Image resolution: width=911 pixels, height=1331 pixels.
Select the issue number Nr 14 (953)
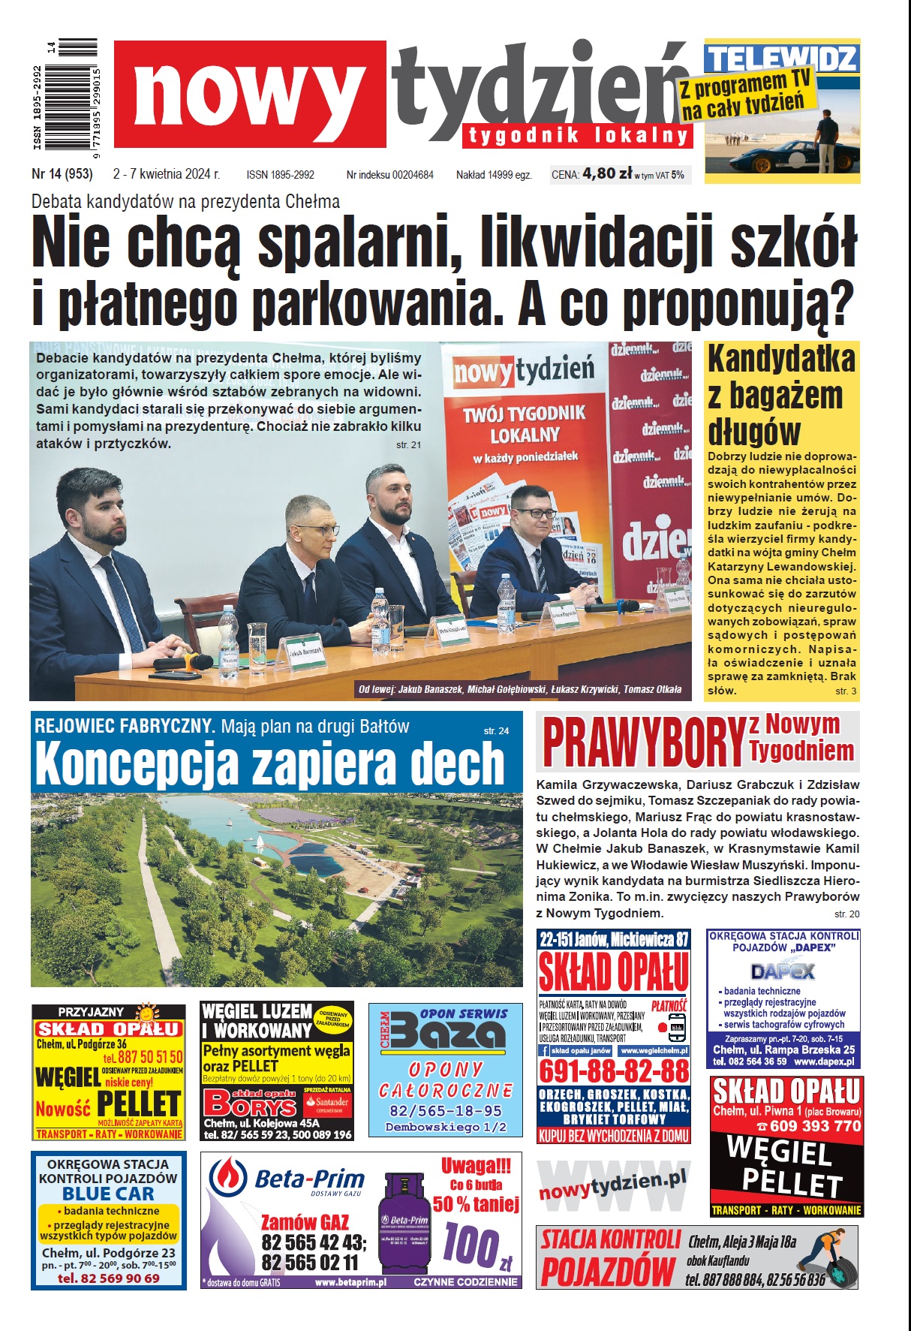click(62, 174)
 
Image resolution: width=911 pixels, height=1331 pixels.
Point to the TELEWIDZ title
click(781, 59)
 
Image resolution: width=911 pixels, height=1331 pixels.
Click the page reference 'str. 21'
click(408, 445)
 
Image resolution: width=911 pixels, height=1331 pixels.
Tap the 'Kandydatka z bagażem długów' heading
click(781, 395)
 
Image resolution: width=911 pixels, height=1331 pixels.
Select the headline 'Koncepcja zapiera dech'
click(270, 763)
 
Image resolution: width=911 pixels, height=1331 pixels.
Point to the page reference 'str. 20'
click(846, 914)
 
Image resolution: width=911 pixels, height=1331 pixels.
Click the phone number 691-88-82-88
click(614, 1071)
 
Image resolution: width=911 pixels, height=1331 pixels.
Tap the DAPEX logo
click(783, 971)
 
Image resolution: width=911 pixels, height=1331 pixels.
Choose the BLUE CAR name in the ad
click(108, 1194)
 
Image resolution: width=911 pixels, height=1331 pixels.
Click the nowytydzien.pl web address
click(612, 1185)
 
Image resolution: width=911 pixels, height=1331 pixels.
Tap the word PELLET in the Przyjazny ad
click(140, 1104)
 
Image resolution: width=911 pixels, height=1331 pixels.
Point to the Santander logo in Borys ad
click(327, 1103)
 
